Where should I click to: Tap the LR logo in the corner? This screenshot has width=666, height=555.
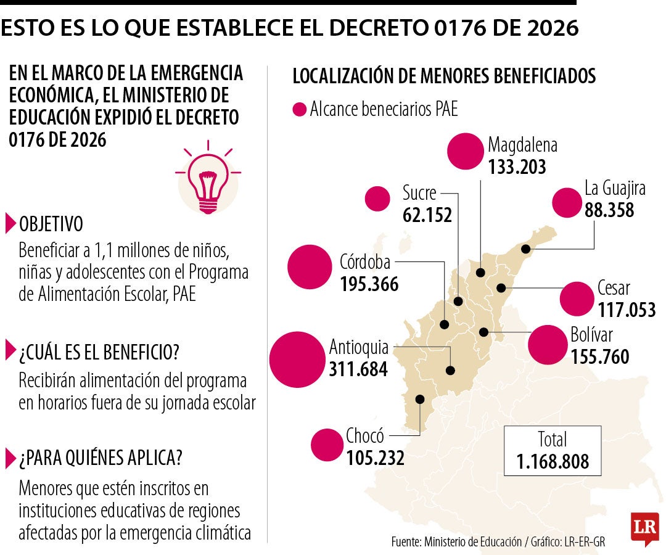click(644, 528)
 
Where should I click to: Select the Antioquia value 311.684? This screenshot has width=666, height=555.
click(358, 369)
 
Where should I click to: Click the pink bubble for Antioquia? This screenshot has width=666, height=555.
click(297, 360)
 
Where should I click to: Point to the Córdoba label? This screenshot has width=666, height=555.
click(365, 263)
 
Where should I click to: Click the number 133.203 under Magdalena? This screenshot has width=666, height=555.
click(517, 167)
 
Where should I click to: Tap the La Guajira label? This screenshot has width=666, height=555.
click(615, 188)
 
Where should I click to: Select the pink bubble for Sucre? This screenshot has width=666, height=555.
click(377, 199)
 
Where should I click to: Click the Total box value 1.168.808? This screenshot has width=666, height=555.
click(553, 461)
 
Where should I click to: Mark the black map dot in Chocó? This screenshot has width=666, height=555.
click(420, 399)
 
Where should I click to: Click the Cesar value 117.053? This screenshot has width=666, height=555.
click(627, 309)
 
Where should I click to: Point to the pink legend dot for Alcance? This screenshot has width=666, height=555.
click(299, 110)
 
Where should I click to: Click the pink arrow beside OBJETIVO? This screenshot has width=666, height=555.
click(10, 223)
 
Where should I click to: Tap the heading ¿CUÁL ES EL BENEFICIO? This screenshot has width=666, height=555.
click(99, 352)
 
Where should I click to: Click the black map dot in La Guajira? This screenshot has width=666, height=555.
click(525, 249)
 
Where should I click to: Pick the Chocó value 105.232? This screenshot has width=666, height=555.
click(375, 458)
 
